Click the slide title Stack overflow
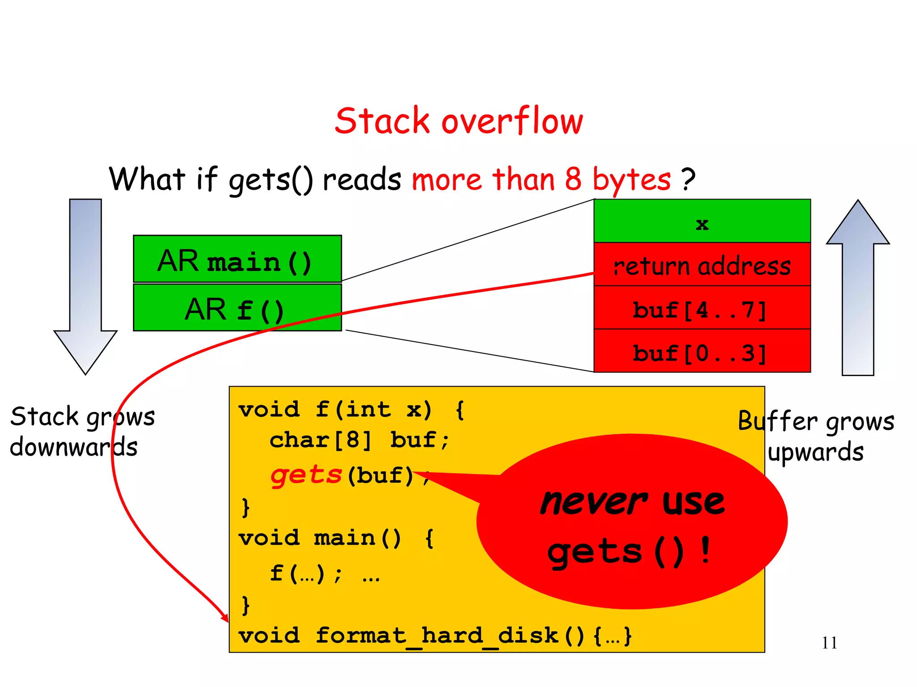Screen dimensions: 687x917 pos(458,121)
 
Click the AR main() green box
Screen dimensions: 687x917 pos(237,259)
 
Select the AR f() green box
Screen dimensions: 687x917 pos(237,308)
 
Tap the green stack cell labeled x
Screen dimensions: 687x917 pos(702,222)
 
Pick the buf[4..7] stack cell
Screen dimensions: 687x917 pos(702,309)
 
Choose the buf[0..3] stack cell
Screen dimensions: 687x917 pos(702,352)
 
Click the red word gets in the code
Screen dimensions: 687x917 pos(306,475)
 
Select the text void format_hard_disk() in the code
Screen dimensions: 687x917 pos(412,636)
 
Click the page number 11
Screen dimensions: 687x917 pos(829,643)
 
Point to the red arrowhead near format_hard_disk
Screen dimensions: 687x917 pos(224,617)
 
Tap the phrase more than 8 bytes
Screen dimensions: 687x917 pos(541,179)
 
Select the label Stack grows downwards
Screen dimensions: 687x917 pos(82,431)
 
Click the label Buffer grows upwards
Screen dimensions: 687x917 pos(816,436)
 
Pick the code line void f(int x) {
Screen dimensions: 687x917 pos(351,410)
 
